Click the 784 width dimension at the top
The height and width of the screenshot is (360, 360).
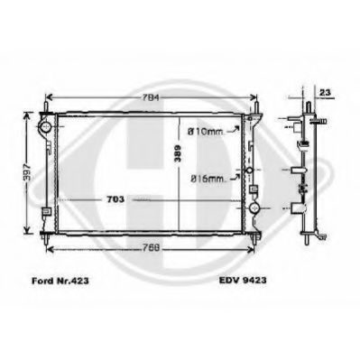[150, 97]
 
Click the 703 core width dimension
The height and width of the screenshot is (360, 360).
[117, 198]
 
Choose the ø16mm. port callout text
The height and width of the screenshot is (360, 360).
[205, 180]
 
